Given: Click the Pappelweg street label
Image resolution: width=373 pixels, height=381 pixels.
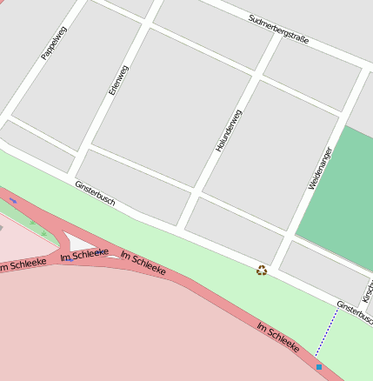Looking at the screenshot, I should click(x=54, y=43).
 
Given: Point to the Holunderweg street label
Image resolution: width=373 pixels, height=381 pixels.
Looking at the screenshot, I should click(x=229, y=130).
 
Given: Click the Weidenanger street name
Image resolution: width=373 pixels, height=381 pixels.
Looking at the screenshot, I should click(x=320, y=168).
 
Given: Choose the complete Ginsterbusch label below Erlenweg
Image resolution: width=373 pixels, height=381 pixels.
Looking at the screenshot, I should click(x=95, y=194).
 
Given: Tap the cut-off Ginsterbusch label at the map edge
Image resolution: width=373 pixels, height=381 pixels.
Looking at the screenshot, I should click(x=355, y=311).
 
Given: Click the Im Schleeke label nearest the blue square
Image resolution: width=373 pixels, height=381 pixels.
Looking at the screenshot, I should click(x=277, y=338).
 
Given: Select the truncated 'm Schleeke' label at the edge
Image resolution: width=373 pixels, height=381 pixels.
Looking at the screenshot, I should click(x=23, y=264).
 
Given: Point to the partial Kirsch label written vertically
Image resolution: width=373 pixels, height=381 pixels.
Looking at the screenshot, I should click(x=368, y=291).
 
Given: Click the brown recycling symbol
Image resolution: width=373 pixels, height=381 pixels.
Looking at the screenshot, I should click(x=261, y=271).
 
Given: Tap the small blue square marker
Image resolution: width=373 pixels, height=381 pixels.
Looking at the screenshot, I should click(x=319, y=367).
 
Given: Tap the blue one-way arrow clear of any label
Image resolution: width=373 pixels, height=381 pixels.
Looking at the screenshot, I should click(x=13, y=201).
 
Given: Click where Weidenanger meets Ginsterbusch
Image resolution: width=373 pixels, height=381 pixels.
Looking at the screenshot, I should click(x=275, y=265).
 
